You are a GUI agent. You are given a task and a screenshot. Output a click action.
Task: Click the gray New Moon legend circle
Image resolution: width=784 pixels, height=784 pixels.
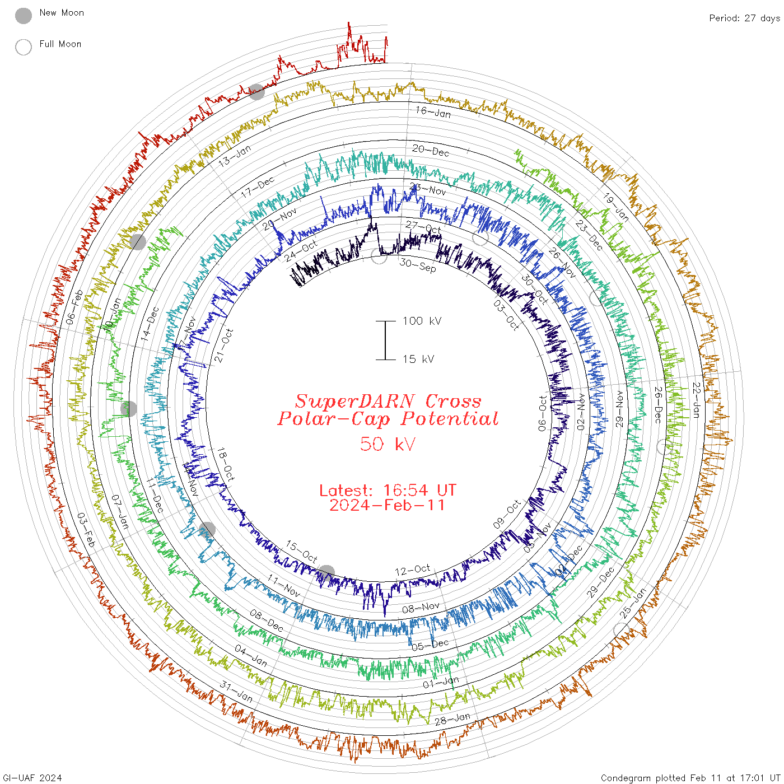24,16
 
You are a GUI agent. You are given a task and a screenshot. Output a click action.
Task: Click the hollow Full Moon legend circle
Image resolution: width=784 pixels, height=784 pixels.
24,47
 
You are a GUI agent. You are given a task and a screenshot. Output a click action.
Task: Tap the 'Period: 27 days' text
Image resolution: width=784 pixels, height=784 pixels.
744,18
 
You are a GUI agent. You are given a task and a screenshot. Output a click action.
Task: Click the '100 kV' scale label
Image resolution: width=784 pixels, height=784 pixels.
422,321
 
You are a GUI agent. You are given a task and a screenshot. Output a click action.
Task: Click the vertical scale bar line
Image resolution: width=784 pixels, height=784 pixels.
385,340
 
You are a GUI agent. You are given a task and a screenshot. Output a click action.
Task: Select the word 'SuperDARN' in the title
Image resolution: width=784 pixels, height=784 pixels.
355,401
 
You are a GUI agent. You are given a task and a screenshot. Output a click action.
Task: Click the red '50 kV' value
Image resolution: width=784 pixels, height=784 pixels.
388,444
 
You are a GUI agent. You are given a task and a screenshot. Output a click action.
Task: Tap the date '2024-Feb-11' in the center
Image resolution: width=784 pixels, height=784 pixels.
388,505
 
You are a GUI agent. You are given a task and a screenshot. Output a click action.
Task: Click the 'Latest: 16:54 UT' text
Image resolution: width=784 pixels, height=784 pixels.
388,491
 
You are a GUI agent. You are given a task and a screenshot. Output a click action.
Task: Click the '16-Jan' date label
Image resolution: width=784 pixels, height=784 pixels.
433,112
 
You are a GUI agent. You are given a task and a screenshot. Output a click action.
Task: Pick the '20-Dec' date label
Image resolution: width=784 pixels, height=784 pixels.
431,151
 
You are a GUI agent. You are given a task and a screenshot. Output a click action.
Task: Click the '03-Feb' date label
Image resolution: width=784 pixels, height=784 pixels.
86,530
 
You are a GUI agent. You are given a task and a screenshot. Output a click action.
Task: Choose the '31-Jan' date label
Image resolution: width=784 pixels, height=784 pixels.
236,692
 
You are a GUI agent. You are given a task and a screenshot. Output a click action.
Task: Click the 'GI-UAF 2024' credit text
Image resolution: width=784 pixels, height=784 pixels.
32,777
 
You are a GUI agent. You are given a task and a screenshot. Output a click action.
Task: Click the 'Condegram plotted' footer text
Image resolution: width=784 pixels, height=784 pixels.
644,777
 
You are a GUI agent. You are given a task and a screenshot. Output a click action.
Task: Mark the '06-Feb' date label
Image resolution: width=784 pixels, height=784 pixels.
74,307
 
